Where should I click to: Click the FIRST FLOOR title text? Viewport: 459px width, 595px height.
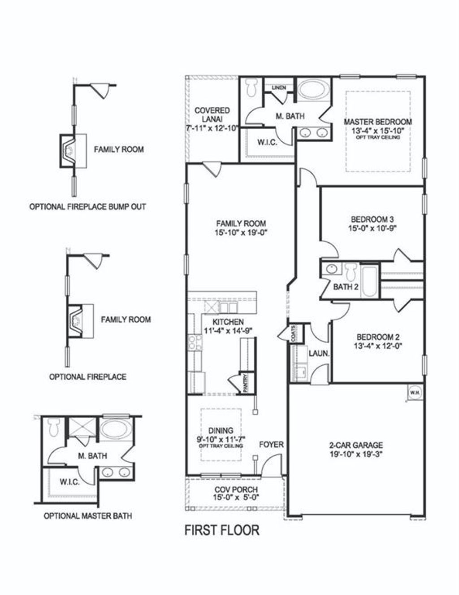tap(222, 530)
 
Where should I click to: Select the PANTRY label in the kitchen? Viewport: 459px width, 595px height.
tap(245, 384)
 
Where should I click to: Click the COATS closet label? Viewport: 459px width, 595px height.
tap(293, 335)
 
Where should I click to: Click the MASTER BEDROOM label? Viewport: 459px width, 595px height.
tap(377, 122)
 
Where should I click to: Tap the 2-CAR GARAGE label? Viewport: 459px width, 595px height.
tap(356, 446)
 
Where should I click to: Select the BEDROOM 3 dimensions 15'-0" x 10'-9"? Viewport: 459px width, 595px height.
tap(372, 228)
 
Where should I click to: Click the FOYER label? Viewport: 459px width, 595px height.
tap(271, 445)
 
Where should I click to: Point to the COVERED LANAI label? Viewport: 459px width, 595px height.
tap(212, 114)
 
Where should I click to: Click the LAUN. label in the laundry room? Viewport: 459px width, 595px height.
tap(319, 354)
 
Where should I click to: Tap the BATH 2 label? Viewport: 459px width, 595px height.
tap(346, 287)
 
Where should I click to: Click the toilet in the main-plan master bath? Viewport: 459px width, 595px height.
tap(251, 87)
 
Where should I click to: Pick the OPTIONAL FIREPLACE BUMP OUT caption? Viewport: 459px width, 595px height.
tap(87, 207)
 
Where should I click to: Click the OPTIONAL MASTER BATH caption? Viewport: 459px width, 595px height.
tap(87, 516)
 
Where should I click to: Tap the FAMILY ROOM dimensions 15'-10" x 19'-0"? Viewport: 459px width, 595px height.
tap(241, 232)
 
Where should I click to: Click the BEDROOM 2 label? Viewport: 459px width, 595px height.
tap(378, 337)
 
